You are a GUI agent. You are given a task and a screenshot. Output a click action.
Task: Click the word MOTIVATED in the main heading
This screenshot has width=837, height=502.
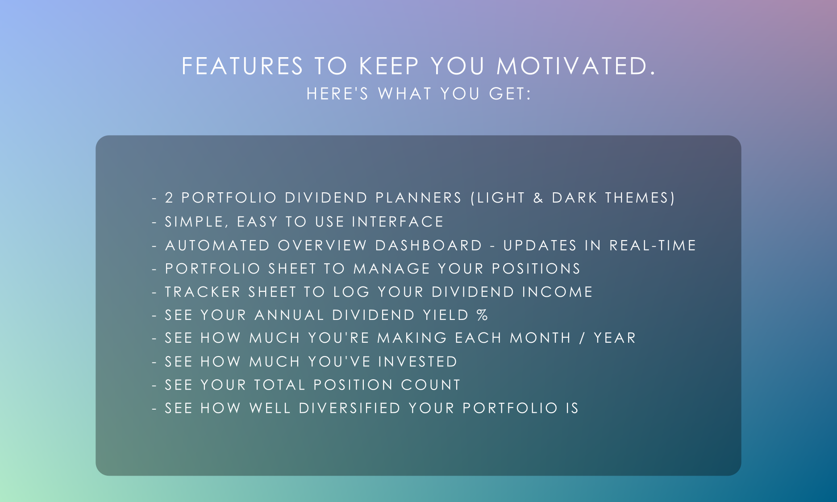[x=575, y=66]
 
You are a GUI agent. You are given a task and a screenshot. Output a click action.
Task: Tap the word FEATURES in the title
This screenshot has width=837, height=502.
[x=242, y=66]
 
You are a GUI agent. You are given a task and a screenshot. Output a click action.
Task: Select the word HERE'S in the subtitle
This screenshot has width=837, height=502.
[x=337, y=94]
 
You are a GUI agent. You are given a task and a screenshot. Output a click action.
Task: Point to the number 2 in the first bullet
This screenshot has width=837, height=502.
[x=169, y=198]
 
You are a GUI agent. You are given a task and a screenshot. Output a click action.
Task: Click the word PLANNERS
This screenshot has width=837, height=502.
[x=418, y=198]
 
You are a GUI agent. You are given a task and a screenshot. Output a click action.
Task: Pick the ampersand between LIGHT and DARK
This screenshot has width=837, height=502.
[x=538, y=198]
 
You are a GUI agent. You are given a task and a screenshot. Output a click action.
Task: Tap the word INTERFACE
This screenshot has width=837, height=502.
[x=398, y=222]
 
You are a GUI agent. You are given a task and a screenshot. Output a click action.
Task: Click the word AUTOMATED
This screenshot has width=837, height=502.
[x=218, y=245]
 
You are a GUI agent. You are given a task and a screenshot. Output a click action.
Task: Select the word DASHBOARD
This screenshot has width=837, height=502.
[x=429, y=245]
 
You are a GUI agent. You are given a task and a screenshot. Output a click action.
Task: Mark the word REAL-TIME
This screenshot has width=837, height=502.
[x=653, y=245]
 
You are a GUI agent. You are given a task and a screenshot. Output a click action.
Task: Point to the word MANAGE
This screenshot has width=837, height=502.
[x=392, y=269]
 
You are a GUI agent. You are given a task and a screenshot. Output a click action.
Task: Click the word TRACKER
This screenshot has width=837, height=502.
[x=203, y=292]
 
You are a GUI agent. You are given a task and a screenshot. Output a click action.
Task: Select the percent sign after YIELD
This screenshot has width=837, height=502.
[x=482, y=315]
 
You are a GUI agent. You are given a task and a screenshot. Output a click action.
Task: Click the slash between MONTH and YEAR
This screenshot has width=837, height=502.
[x=582, y=338]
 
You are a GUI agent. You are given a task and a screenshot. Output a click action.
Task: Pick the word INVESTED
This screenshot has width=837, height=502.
[x=418, y=361]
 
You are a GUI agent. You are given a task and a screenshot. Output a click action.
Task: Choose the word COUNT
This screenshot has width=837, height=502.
[x=431, y=385]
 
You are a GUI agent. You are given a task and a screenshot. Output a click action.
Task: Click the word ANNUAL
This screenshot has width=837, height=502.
[x=289, y=315]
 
